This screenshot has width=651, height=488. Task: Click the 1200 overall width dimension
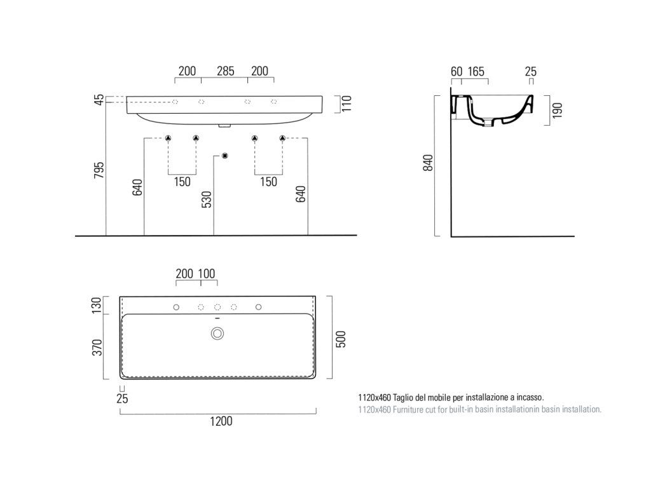click(x=221, y=421)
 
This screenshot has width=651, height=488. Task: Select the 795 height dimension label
click(x=99, y=170)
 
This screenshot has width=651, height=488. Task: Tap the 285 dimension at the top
click(x=226, y=71)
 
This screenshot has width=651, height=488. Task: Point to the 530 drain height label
click(x=207, y=200)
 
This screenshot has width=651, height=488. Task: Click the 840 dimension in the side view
click(x=428, y=162)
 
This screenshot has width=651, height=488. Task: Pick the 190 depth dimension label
click(x=557, y=111)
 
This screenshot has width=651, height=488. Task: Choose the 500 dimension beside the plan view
click(x=341, y=339)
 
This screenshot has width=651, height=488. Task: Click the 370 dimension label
click(x=97, y=348)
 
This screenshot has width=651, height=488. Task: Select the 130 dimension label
click(x=97, y=305)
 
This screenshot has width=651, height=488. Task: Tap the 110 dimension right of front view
click(x=346, y=104)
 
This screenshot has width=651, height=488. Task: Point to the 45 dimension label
click(x=99, y=100)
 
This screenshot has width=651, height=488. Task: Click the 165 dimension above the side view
click(x=476, y=71)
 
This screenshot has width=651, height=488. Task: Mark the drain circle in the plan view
click(x=217, y=333)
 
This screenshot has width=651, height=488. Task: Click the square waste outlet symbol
click(x=225, y=156)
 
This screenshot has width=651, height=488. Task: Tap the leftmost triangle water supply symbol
click(x=168, y=138)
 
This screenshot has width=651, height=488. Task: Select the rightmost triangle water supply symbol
click(x=282, y=138)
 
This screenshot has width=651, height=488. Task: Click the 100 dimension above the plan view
click(x=207, y=273)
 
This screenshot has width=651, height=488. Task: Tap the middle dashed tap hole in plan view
click(x=217, y=307)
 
